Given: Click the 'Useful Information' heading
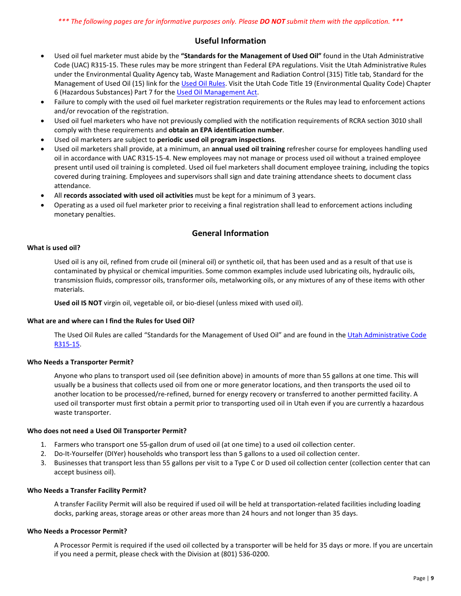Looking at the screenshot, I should coord(230,41).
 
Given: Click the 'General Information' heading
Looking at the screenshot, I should coord(230,233).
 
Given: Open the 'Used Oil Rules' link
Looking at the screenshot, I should coord(203,83).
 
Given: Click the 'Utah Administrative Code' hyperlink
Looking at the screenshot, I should coord(386,335).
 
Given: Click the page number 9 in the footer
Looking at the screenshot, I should coord(432,578).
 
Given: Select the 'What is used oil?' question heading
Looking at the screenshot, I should coord(54,248).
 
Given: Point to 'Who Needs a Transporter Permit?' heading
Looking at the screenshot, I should coord(80,362).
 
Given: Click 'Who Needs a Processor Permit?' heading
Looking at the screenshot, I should coord(77,531).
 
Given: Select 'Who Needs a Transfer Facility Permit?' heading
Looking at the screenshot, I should coord(86,490).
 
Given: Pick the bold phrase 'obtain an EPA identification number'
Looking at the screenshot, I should coord(225,130).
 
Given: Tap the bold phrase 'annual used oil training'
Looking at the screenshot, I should coord(248,149).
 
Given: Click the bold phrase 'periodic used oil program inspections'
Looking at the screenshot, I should coord(216,140).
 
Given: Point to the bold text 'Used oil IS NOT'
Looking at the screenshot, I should coord(78,303).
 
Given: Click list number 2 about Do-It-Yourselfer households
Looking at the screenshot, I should coord(43,454).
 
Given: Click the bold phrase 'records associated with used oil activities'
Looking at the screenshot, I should coord(128,196).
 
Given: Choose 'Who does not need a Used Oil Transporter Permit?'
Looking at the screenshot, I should coord(107,431).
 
